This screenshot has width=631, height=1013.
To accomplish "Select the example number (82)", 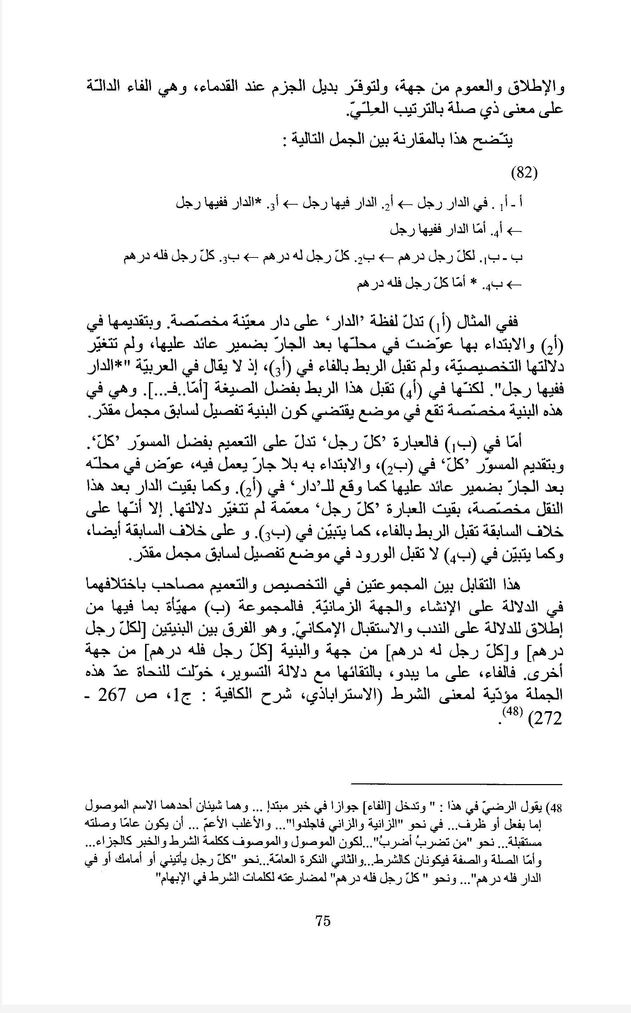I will click(x=524, y=172).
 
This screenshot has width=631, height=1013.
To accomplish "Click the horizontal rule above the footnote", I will click(x=457, y=784).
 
